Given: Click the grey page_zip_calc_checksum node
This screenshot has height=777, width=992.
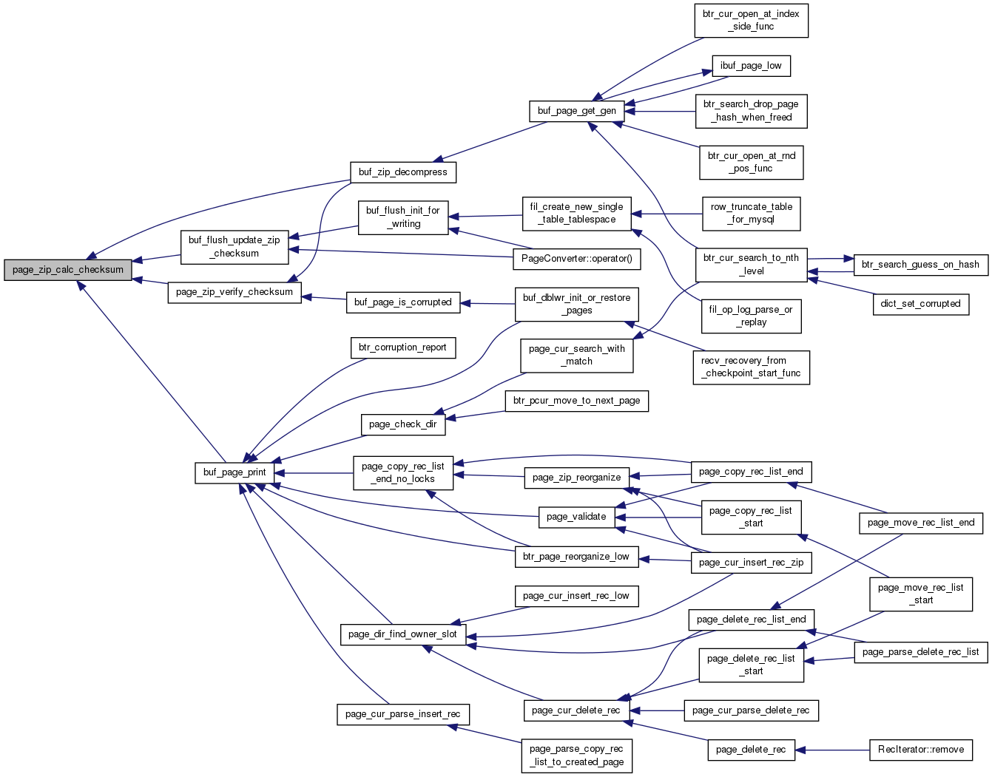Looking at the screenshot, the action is click(67, 270).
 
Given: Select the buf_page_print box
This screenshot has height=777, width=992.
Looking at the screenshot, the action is click(234, 472).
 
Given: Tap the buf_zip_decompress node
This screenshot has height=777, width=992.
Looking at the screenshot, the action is click(402, 172).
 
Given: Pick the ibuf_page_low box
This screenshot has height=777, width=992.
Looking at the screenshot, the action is click(751, 66).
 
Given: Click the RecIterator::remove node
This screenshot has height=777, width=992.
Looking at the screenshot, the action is click(920, 750).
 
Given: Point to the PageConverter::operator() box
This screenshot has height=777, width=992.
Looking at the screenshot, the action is click(576, 259).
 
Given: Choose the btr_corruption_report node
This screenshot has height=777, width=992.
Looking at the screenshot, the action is click(402, 347).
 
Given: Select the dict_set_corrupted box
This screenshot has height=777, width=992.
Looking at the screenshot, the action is click(920, 305).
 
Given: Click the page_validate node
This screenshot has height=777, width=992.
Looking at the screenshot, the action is click(576, 517).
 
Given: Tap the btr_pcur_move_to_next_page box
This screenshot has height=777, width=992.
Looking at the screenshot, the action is click(576, 401).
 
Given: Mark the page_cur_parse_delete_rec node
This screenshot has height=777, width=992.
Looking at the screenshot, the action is click(751, 710).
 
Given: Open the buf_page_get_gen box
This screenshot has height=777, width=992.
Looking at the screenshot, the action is click(576, 112).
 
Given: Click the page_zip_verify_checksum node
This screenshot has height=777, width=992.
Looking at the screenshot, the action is click(234, 293).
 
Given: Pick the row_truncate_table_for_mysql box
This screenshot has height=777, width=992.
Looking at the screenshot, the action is click(751, 214).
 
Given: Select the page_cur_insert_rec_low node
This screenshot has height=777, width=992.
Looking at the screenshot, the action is click(576, 597).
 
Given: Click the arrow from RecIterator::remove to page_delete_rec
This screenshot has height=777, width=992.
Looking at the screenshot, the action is click(831, 750).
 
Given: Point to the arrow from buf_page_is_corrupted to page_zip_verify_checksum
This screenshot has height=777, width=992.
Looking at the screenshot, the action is click(324, 299).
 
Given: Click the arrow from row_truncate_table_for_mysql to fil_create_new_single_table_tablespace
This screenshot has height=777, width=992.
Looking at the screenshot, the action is click(667, 214).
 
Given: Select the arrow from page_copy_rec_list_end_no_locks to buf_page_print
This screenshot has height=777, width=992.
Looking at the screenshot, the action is click(314, 473).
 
